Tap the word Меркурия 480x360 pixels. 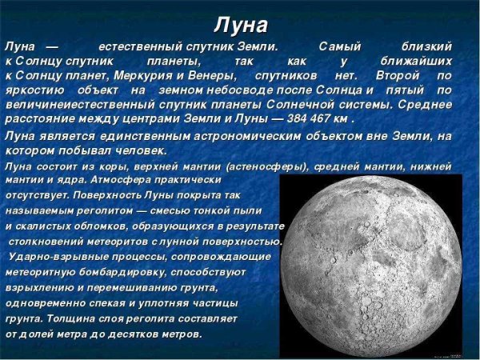[x=184, y=75]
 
